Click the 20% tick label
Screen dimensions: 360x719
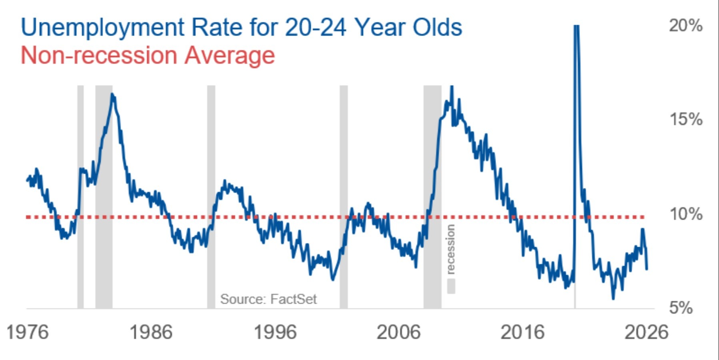click(x=685, y=26)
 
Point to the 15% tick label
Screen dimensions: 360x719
click(x=685, y=119)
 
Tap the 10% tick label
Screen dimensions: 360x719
click(x=685, y=214)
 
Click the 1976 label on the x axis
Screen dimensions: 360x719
click(x=28, y=332)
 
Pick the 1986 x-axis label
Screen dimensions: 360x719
click(x=151, y=332)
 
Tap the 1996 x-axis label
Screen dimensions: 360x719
click(x=275, y=332)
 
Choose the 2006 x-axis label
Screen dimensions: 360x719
click(x=399, y=332)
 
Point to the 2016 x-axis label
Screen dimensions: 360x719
click(x=523, y=332)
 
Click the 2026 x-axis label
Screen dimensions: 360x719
click(x=646, y=332)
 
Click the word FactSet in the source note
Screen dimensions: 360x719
click(x=293, y=299)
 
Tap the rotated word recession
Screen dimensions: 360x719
click(x=451, y=249)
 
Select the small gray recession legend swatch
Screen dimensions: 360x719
click(x=451, y=286)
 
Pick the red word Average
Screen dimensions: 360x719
click(x=230, y=55)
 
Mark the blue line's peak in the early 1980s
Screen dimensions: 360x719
click(x=112, y=94)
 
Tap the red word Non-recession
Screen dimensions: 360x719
click(x=98, y=55)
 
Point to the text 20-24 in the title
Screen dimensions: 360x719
click(x=316, y=27)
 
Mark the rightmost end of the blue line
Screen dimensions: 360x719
click(x=647, y=269)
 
